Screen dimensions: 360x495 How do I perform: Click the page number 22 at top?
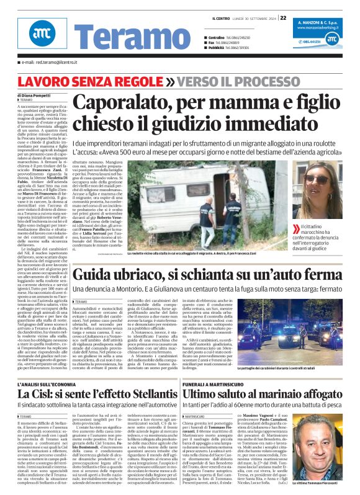283,18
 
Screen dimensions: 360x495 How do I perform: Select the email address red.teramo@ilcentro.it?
47,63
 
